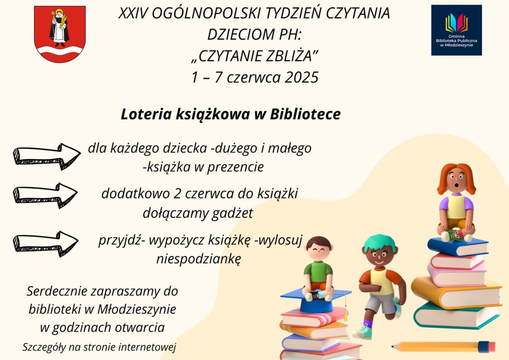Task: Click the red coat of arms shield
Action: (60, 34)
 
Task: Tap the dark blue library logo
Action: (456, 30)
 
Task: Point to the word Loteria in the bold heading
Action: (146, 114)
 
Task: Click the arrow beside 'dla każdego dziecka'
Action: (47, 156)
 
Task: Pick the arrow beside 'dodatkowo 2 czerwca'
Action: (45, 195)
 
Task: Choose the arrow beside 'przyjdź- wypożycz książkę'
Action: (45, 244)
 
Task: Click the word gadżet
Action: (233, 213)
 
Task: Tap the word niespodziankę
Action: (199, 260)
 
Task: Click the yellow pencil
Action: (443, 347)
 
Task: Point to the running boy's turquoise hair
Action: (380, 242)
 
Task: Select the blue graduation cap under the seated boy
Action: (316, 300)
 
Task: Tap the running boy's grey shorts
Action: (380, 302)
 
